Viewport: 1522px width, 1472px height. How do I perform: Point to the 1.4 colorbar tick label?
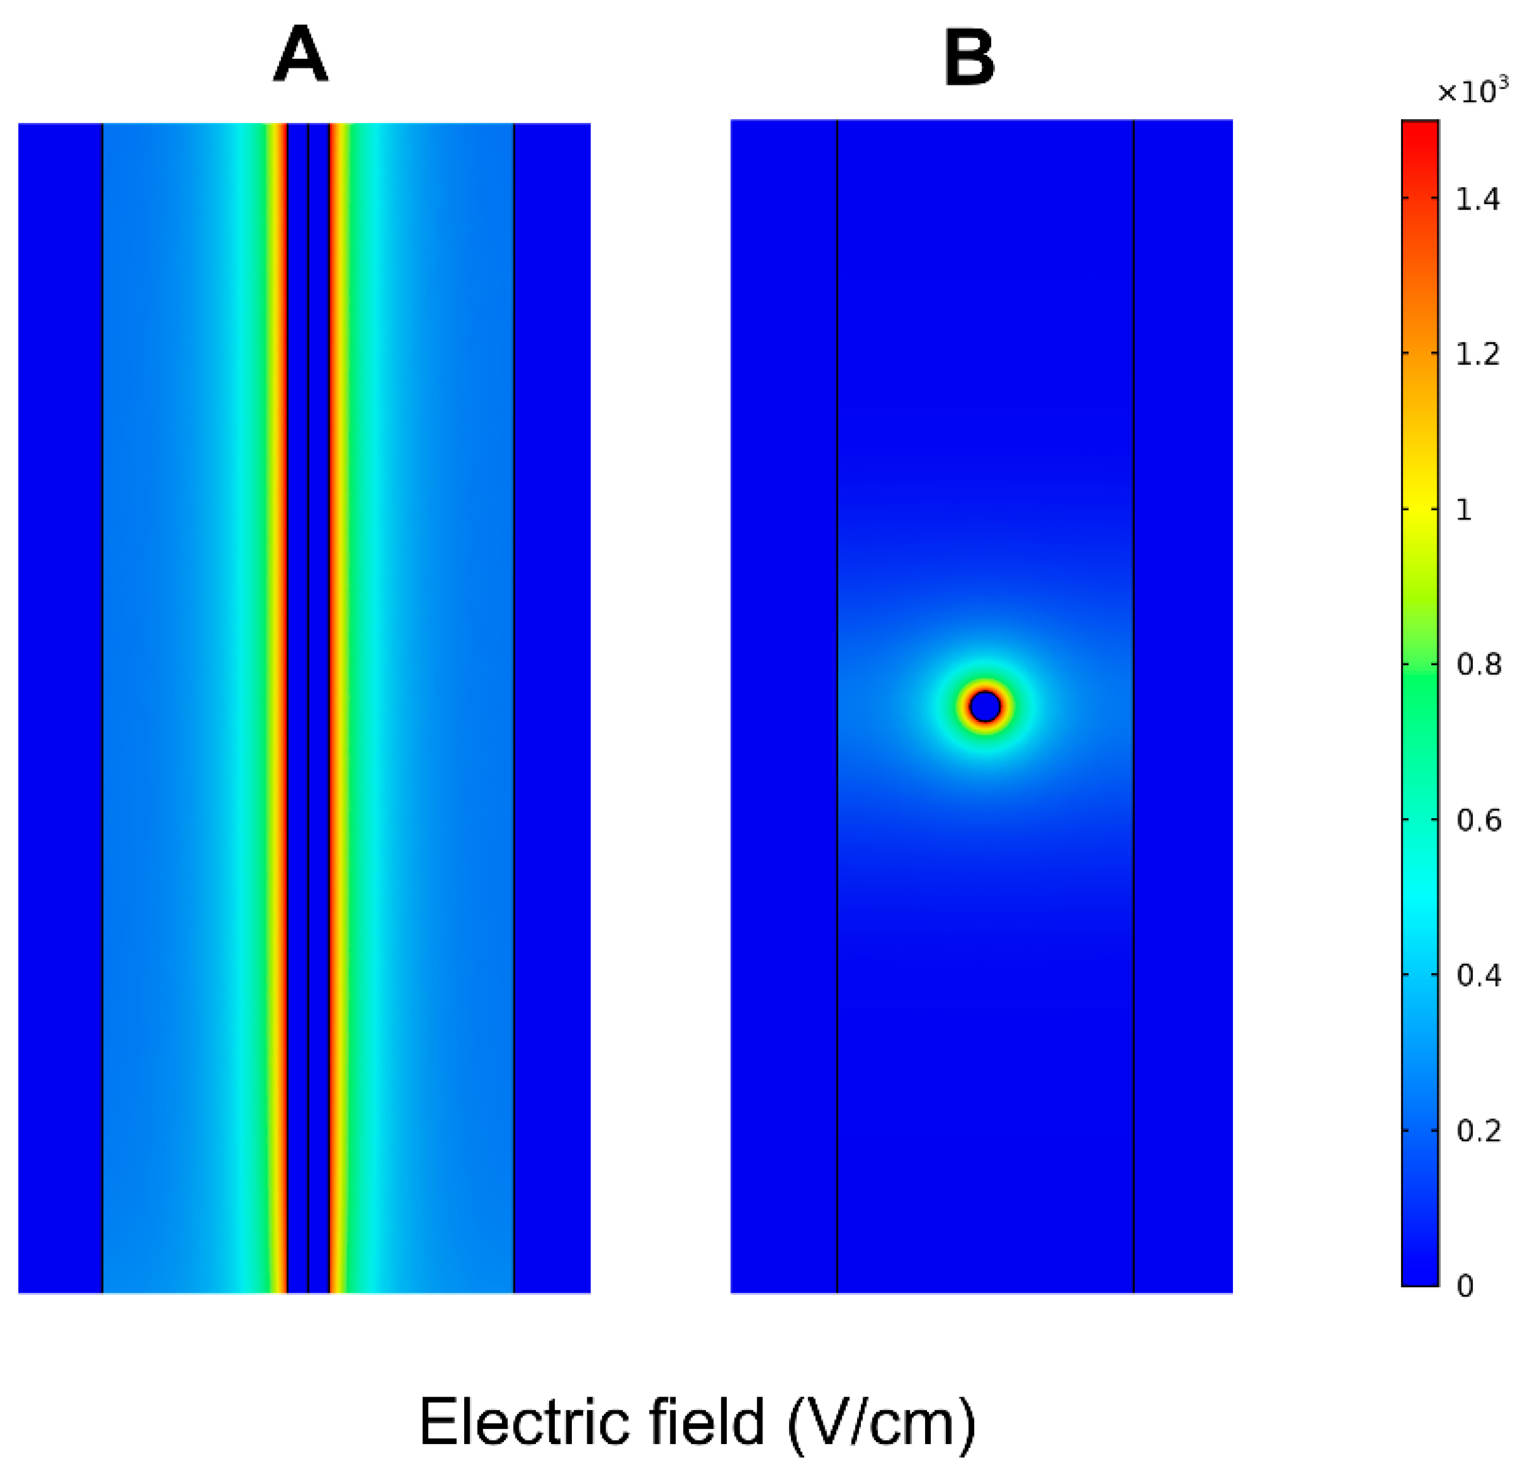(1477, 200)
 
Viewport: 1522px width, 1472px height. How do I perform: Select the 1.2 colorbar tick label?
(1477, 354)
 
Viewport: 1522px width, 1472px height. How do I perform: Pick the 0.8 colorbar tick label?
(1477, 665)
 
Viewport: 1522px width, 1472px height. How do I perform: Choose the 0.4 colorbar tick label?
(1477, 975)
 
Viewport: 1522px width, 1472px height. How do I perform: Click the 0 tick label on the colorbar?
(1465, 1286)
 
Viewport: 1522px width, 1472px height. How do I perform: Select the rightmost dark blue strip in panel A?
(552, 699)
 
